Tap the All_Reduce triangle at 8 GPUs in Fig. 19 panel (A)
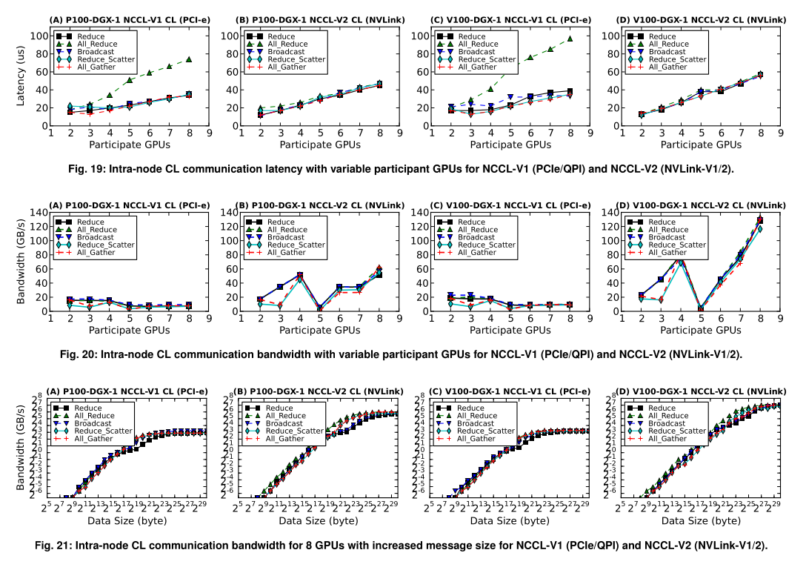189,59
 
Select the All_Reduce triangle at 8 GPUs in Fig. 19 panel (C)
570,39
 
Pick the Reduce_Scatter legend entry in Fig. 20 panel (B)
296,245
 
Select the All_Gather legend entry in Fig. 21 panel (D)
664,439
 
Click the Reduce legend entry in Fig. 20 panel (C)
472,222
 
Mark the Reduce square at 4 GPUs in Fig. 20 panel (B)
300,276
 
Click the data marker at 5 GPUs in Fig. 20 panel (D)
701,308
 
